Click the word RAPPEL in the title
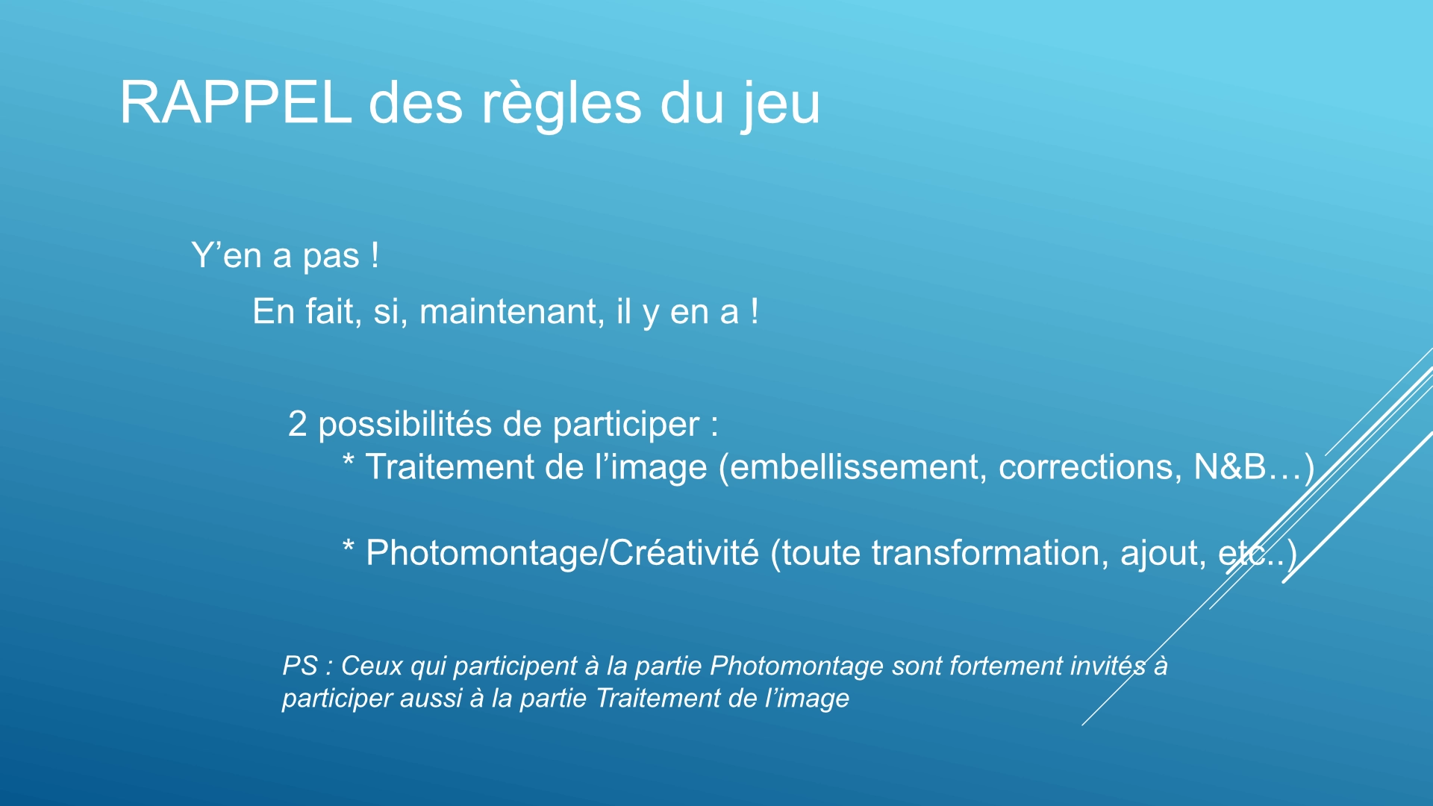pos(235,102)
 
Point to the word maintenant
pos(512,311)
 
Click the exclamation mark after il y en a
pos(755,311)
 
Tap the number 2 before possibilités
pos(297,424)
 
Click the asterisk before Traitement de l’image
pos(348,459)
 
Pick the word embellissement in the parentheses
pos(853,467)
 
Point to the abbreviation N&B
pos(1230,466)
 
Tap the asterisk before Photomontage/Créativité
pos(348,546)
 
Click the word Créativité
pos(684,553)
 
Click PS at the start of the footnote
pos(300,666)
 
